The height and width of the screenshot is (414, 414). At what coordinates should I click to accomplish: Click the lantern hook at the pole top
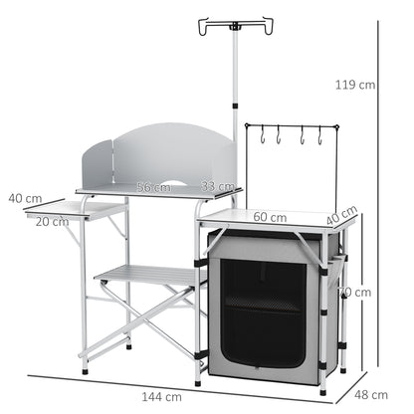pyautogui.click(x=236, y=21)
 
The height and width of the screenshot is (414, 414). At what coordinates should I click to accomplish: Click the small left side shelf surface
pyautogui.click(x=75, y=209)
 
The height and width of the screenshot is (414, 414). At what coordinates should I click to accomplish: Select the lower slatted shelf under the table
pyautogui.click(x=149, y=276)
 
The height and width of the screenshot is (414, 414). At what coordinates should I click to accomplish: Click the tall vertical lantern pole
pyautogui.click(x=236, y=100)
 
